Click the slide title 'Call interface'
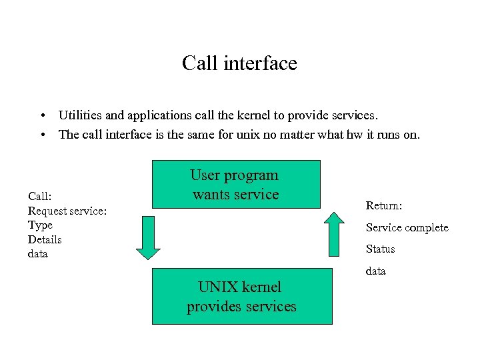point(239,63)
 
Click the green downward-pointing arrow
point(148,237)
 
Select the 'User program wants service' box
point(236,184)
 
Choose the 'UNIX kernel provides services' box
point(241,296)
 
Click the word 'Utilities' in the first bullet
point(79,115)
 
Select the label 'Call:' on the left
point(40,196)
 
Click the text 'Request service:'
point(67,211)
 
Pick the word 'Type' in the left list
point(40,225)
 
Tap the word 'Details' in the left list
point(45,239)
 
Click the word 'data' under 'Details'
point(38,254)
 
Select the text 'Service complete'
point(407,227)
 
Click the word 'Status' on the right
point(380,249)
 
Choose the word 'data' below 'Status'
point(376,271)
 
